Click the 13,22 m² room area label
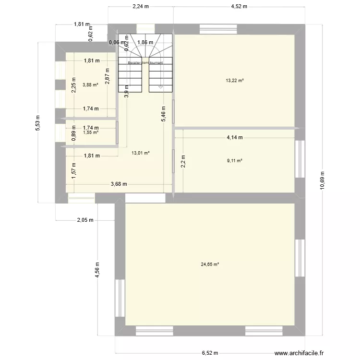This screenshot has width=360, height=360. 234,81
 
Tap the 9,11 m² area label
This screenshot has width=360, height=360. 234,160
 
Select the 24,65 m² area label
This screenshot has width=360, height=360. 210,264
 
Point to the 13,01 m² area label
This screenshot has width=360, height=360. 141,153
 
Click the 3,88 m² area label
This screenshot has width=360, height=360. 90,85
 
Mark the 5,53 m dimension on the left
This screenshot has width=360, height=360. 37,122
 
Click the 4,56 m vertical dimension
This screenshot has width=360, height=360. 97,269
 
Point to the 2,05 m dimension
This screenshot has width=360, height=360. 86,220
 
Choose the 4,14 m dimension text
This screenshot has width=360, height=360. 235,137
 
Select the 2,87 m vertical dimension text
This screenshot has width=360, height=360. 108,77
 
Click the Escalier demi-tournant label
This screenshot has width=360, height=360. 145,63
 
